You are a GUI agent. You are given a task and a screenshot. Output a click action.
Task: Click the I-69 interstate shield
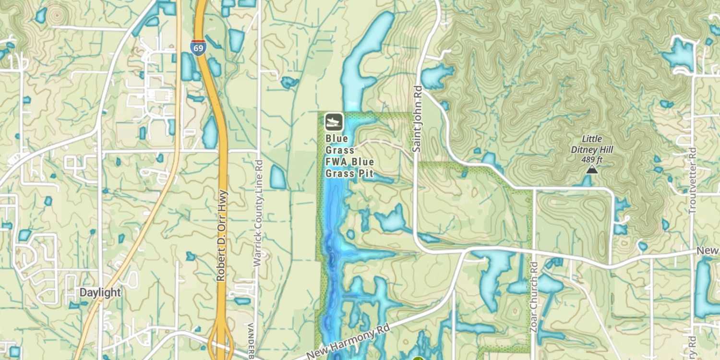coord(198,48)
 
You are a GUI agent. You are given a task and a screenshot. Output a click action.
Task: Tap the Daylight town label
coord(100,293)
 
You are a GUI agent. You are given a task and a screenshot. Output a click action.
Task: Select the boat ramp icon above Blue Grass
coord(334,122)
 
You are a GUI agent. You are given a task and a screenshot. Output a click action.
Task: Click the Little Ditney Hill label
coord(592,144)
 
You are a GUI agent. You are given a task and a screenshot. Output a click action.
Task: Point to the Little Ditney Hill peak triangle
coord(592,169)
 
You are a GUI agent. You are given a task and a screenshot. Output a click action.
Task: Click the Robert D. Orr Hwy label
coord(221,236)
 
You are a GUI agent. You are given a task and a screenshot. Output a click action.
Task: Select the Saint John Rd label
coord(417,119)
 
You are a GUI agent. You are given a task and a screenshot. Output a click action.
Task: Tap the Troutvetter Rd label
coord(692,180)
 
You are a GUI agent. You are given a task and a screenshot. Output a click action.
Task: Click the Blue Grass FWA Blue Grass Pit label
coord(349,156)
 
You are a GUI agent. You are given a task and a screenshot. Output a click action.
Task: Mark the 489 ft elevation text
coord(592,158)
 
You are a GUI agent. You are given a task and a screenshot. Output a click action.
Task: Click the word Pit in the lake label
coord(366,173)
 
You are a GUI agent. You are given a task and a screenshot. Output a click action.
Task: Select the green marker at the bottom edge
coord(418,358)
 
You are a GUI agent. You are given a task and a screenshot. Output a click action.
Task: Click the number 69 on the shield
coord(198,49)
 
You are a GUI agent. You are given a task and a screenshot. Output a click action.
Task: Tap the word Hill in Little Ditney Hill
coord(605,149)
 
